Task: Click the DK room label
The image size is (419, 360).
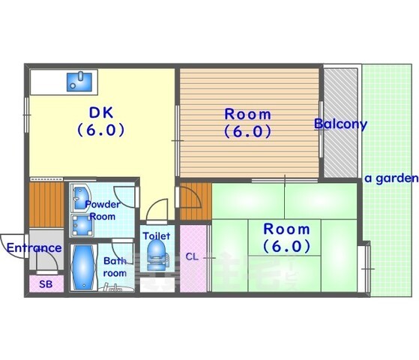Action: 101,112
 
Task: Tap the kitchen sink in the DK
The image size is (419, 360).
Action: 79,81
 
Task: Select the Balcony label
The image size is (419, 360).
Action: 341,124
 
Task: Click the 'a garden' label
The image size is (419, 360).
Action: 391,178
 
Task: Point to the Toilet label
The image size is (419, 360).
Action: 157,236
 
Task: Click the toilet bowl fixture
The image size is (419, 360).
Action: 157,254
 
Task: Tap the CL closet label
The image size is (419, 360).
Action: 192,257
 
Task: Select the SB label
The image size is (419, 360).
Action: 46,284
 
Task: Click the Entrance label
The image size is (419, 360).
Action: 34,248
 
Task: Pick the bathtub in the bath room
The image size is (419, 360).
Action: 83,267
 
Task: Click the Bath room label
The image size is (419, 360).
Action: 115,267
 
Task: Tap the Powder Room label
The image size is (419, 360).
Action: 103,211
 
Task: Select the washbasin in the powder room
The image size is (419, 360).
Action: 82,198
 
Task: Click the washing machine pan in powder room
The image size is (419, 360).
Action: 82,226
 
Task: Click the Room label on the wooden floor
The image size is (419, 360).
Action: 247,115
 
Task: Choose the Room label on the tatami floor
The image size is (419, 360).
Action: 287,229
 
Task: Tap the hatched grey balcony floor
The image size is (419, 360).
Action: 341,123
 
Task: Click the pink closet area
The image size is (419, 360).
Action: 193,258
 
